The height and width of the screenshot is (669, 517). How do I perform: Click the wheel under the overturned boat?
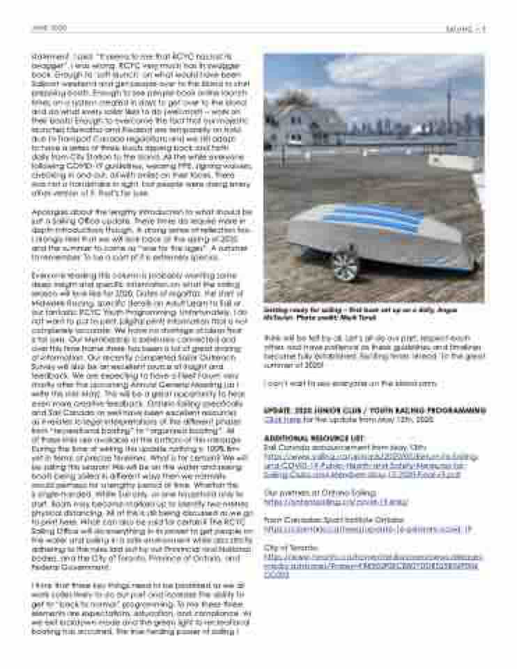(345, 266)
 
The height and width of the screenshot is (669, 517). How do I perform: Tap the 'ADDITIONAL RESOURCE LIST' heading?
(304, 438)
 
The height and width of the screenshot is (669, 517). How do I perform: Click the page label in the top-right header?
(465, 29)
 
